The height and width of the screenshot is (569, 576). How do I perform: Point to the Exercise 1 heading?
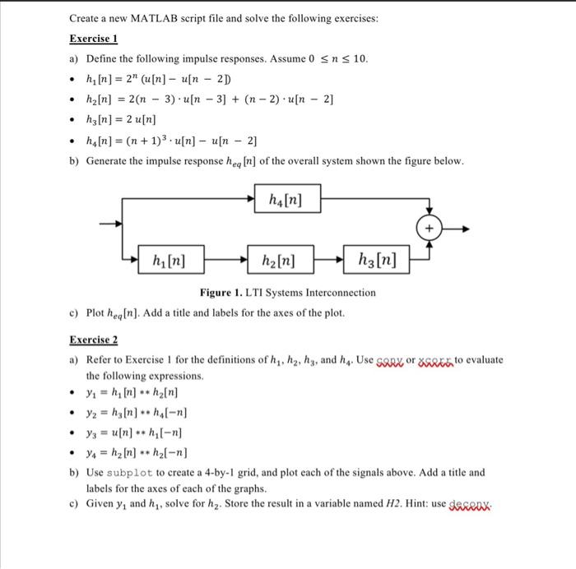click(94, 38)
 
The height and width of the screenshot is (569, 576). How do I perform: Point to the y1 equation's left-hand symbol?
click(90, 393)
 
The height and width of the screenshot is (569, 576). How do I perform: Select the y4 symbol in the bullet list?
click(91, 452)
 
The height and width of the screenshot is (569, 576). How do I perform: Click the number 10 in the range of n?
click(361, 59)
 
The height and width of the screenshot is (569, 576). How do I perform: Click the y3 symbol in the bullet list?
click(91, 433)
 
